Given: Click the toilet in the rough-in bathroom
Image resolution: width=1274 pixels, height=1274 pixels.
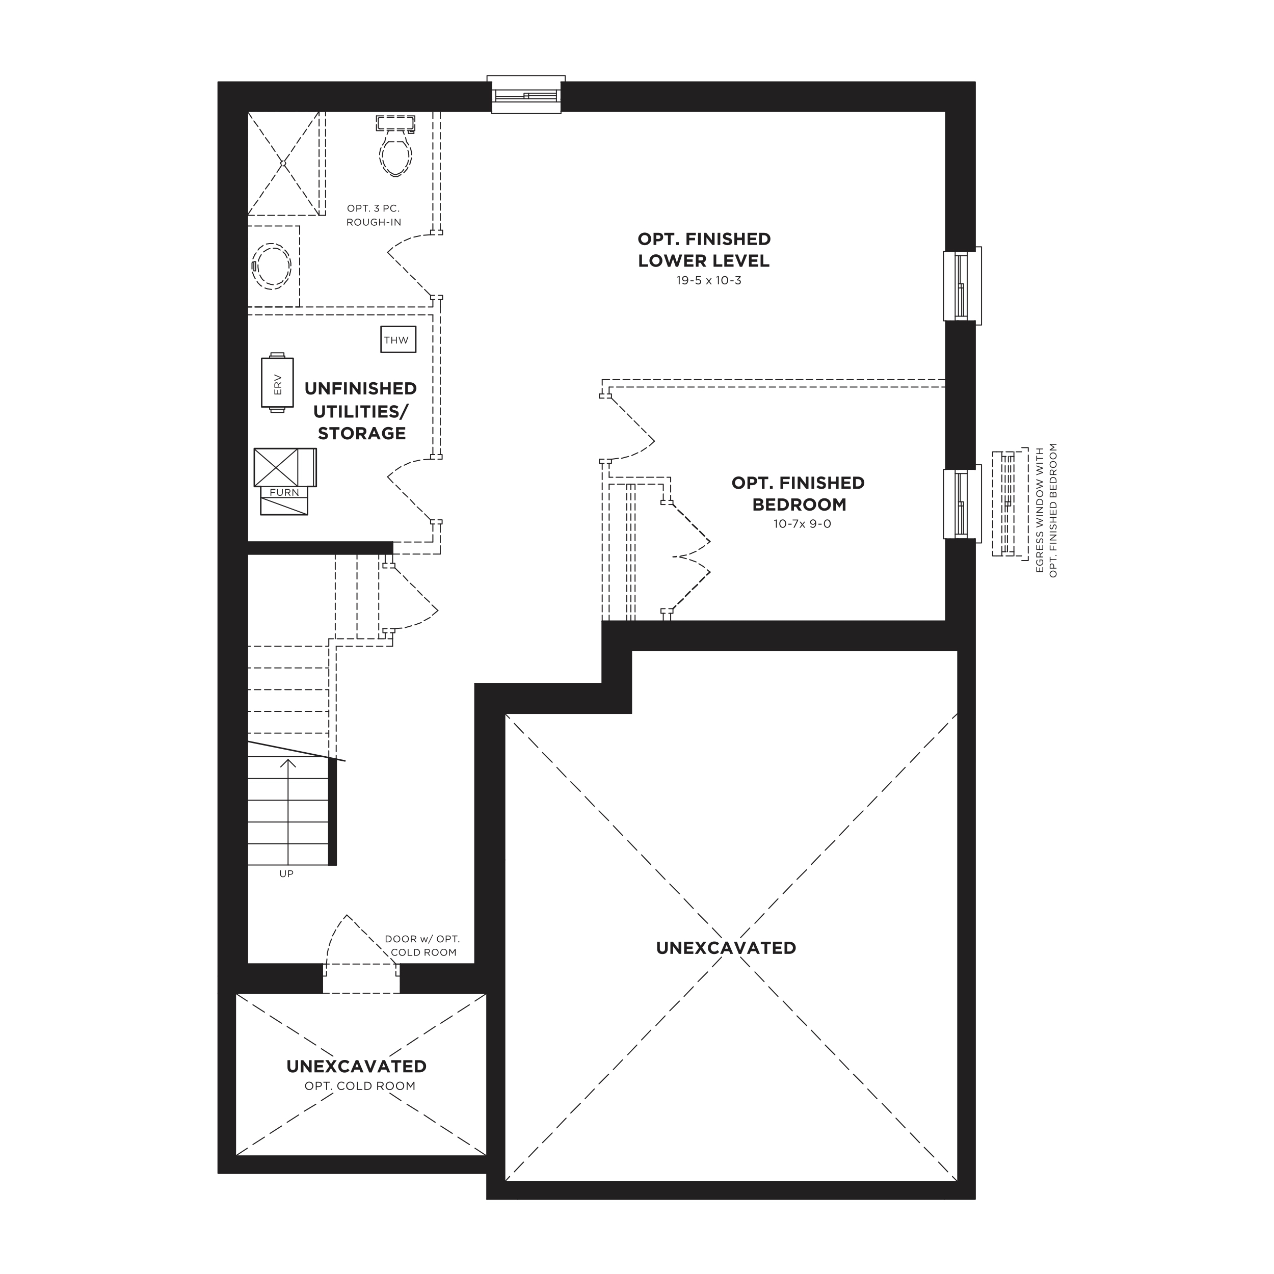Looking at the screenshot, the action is point(395,146).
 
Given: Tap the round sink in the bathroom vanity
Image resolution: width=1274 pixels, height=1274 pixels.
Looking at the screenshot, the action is point(271,266).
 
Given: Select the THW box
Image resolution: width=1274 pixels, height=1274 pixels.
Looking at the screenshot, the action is point(399,339).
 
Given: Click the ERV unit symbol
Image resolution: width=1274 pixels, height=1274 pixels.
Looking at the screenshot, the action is point(278,384).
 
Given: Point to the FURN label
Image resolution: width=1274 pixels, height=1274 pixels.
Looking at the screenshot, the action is point(284,493).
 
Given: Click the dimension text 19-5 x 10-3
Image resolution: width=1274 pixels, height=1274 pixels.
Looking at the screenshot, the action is point(709,280).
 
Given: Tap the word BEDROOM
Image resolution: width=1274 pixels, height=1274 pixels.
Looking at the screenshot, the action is point(799,505).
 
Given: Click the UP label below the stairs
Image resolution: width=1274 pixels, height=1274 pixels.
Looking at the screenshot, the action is point(286,874).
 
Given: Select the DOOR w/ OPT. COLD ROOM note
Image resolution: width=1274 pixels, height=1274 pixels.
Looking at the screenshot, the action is point(422,946).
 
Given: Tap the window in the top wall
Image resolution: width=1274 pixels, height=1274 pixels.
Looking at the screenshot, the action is point(526,95).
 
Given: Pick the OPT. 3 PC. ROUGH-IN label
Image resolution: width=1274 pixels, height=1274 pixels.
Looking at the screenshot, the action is point(374,216).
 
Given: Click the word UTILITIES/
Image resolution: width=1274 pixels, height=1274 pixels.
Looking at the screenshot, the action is point(361,411).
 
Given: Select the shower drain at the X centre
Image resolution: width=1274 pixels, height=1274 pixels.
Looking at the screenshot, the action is point(283,163).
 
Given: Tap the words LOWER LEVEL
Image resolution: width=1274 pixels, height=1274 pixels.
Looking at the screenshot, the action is point(704,260).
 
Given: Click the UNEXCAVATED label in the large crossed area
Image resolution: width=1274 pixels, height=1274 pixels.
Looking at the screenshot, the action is point(726,947).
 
